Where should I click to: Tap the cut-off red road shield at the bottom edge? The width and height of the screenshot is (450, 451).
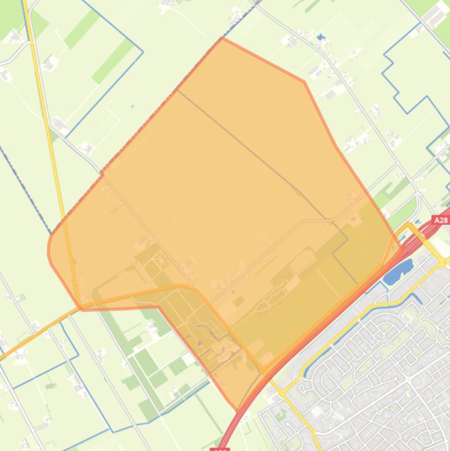tap(219, 449)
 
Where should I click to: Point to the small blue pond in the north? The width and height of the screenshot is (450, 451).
tap(320, 38)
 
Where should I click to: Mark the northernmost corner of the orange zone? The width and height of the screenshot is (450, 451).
tap(222, 39)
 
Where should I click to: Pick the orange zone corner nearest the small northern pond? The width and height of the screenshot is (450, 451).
tap(304, 81)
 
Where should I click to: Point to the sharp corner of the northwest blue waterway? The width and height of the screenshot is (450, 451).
tap(142, 52)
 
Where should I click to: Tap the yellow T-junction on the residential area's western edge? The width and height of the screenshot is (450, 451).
tap(283, 389)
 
